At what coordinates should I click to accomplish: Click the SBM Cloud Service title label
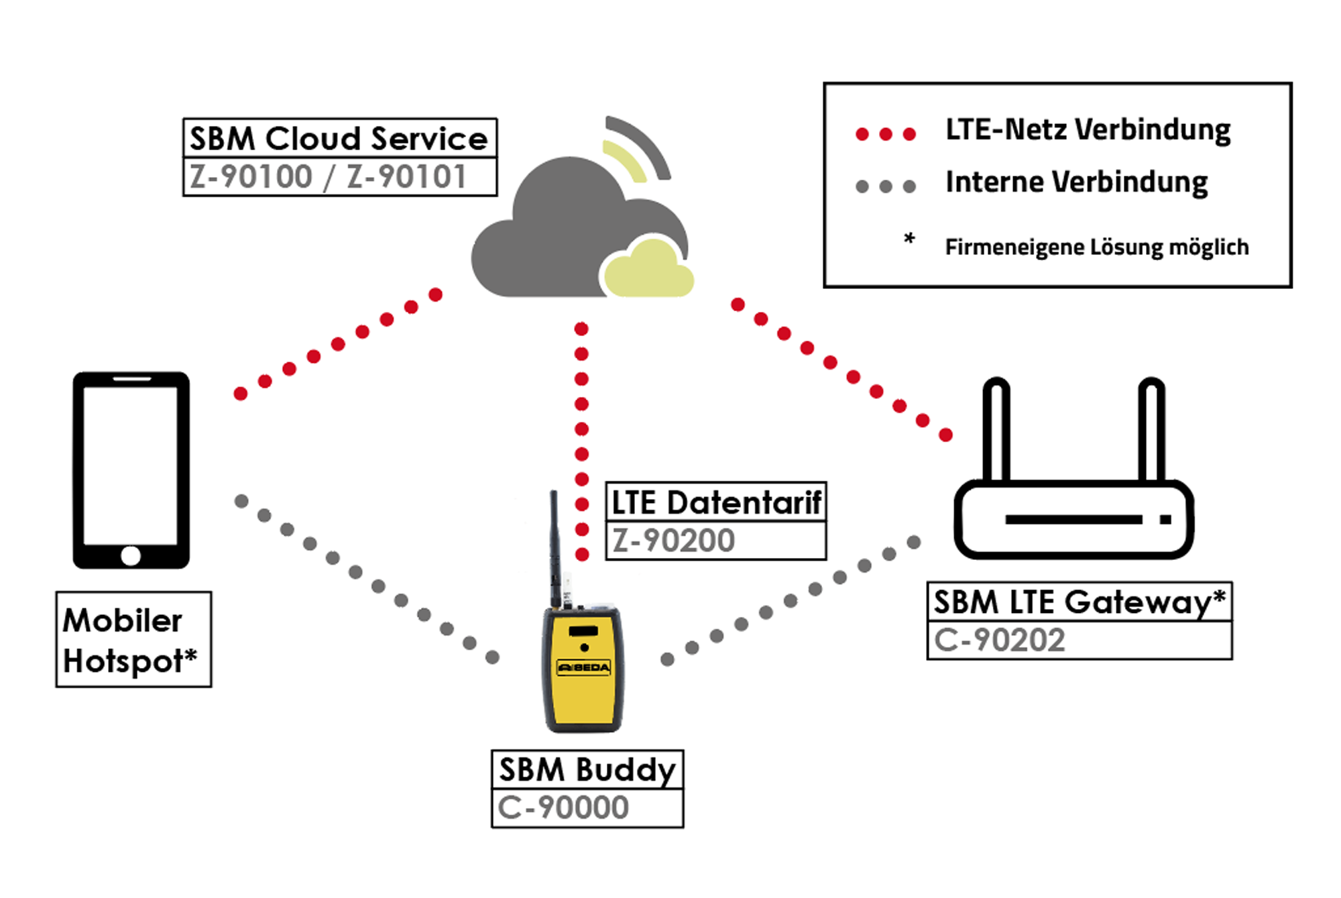339,139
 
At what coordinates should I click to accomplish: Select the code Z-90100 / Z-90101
329,177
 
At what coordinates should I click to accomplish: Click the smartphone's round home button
131,555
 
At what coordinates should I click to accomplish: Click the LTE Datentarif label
715,502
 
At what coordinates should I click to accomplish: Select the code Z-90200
674,541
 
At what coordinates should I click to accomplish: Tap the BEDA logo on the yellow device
584,668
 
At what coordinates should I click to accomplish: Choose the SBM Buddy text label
587,770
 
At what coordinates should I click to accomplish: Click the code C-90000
563,807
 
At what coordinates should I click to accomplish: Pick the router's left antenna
996,429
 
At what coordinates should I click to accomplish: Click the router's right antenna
1151,429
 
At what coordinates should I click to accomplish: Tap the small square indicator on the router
1165,520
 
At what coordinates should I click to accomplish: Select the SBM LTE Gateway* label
1079,602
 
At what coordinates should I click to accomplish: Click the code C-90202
999,640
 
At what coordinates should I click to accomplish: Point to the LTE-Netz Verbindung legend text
1088,130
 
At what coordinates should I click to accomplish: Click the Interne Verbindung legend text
1076,182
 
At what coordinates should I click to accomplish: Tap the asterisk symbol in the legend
909,238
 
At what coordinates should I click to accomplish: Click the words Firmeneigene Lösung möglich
1096,247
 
